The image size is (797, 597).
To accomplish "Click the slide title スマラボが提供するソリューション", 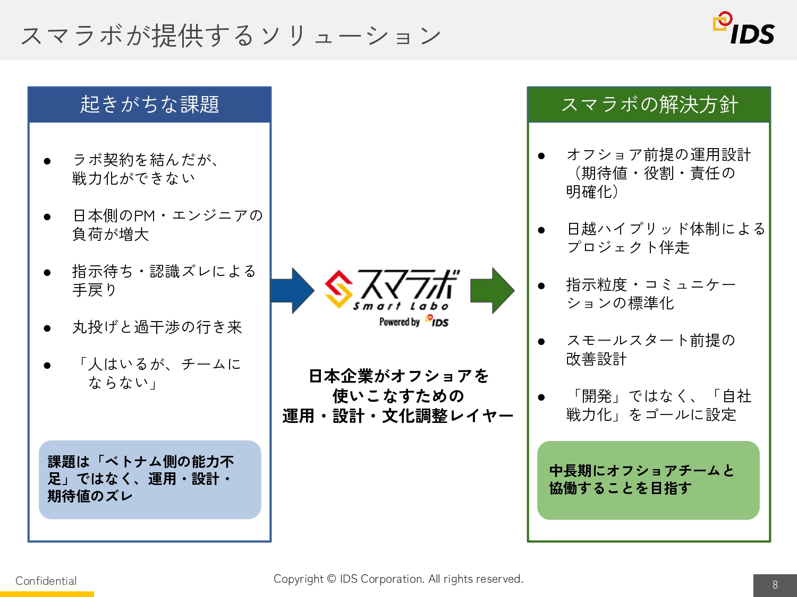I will pyautogui.click(x=231, y=36).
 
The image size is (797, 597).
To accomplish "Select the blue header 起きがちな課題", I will pyautogui.click(x=149, y=105).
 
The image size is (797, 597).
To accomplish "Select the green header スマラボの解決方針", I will pyautogui.click(x=649, y=105).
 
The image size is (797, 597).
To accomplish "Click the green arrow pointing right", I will pyautogui.click(x=493, y=290).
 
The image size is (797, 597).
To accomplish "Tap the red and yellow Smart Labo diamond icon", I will pyautogui.click(x=338, y=289).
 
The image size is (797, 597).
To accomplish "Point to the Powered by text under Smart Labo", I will pyautogui.click(x=400, y=322).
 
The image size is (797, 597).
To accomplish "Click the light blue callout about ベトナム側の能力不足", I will pyautogui.click(x=150, y=479).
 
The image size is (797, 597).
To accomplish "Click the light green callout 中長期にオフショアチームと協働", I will pyautogui.click(x=648, y=480).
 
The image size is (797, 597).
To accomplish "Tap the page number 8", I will pyautogui.click(x=775, y=585).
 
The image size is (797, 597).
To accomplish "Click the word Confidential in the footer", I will pyautogui.click(x=46, y=581).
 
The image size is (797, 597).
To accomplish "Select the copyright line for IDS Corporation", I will pyautogui.click(x=398, y=578).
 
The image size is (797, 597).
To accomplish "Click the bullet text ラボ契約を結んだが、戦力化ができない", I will pyautogui.click(x=145, y=169).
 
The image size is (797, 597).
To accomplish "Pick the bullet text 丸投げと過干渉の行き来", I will pyautogui.click(x=157, y=327).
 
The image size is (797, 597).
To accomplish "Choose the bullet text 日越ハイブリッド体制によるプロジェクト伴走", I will pyautogui.click(x=665, y=238).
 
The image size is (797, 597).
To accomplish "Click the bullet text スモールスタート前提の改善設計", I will pyautogui.click(x=650, y=349).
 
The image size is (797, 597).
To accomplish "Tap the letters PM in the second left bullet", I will pyautogui.click(x=144, y=216).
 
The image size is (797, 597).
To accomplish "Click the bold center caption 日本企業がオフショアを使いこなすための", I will pyautogui.click(x=398, y=386).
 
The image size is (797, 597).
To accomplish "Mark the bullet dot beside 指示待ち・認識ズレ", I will pyautogui.click(x=47, y=273).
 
